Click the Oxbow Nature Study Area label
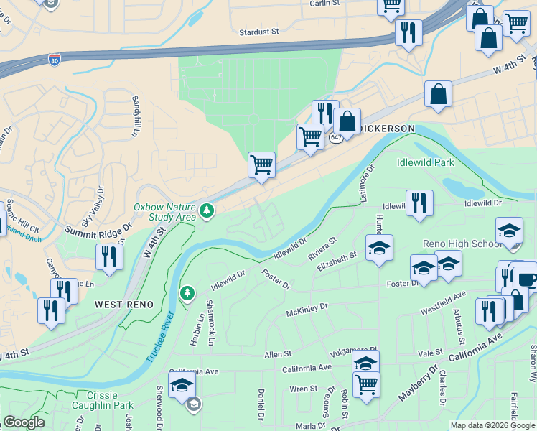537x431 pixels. (164, 211)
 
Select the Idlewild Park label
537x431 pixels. (426, 162)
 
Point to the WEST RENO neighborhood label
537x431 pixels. (124, 305)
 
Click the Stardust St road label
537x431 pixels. (259, 32)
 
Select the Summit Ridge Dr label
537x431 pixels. (99, 230)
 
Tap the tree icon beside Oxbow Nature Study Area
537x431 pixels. (207, 210)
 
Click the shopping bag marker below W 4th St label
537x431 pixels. (438, 94)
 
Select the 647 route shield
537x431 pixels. (337, 136)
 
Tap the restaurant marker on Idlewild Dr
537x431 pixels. (419, 203)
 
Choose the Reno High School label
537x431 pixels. (462, 244)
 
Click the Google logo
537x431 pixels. (24, 422)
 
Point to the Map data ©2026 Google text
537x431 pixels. (492, 425)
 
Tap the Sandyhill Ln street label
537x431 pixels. (134, 116)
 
